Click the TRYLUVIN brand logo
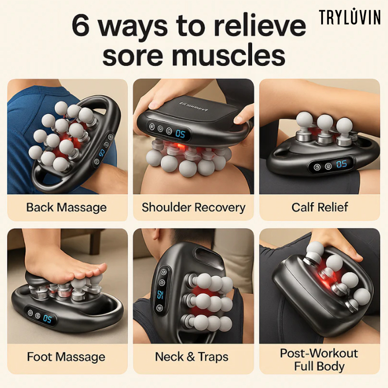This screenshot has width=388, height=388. [x=350, y=17]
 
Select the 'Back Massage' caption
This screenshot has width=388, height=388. [x=66, y=207]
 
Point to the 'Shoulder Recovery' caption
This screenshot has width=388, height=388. [x=194, y=207]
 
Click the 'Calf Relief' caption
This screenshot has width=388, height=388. [x=319, y=207]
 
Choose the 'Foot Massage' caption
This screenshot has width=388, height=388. [x=66, y=357]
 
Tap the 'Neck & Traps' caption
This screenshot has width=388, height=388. [x=192, y=357]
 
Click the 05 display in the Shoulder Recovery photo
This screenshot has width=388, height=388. [x=180, y=134]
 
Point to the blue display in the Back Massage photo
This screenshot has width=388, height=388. [x=102, y=154]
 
